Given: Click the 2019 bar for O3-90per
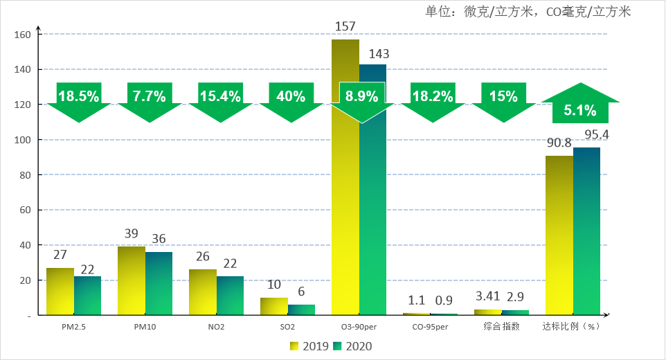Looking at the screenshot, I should (345, 208).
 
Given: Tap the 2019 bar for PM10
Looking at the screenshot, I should (131, 280).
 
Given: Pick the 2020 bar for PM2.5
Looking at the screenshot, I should (87, 296).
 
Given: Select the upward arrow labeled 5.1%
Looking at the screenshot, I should (579, 104).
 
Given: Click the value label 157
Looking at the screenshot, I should (344, 27).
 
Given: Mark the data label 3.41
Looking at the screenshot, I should (487, 299).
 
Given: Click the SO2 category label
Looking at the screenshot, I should (287, 327).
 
